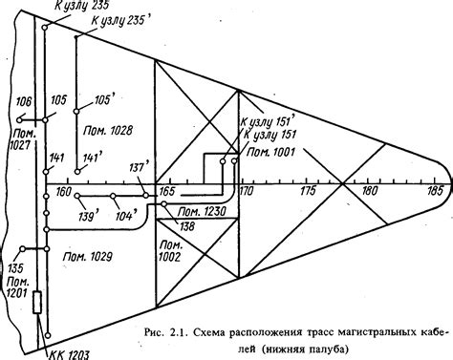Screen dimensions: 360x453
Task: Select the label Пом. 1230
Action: pos(203,211)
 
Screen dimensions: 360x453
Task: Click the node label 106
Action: pos(23,101)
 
